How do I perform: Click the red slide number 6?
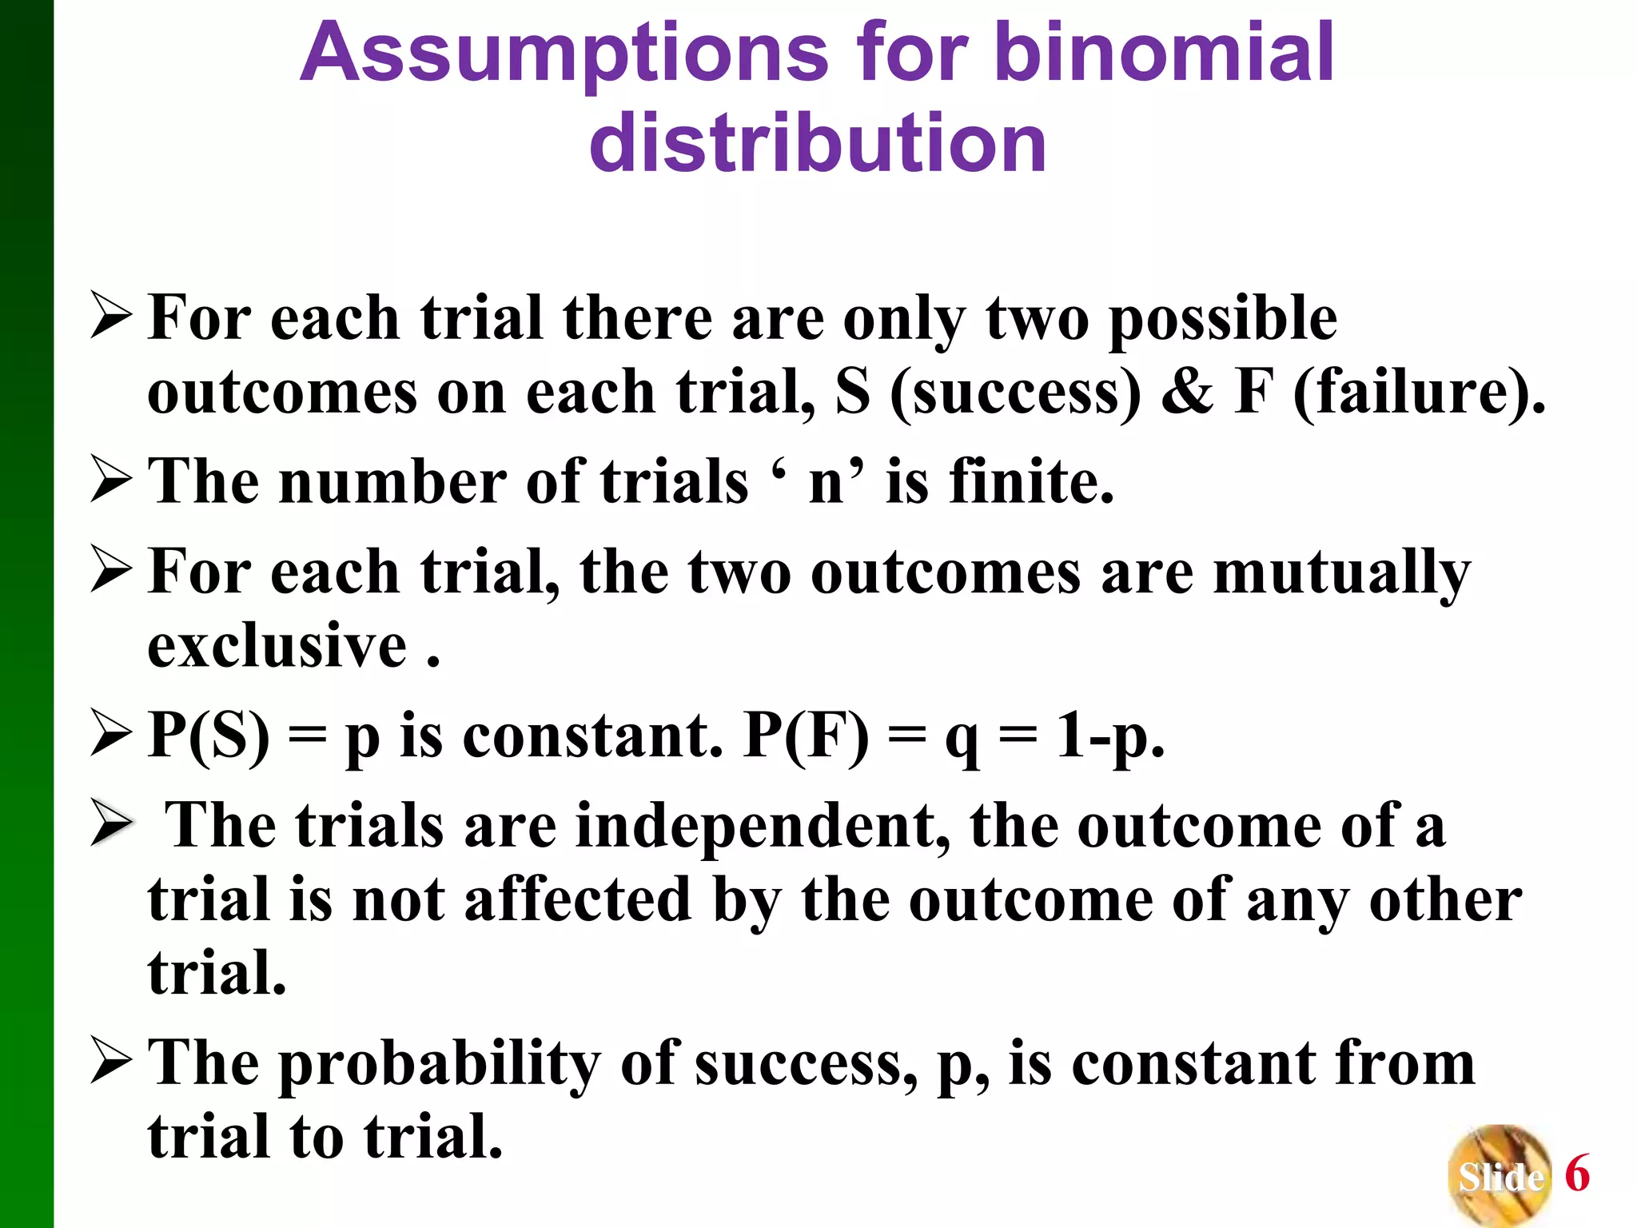1577,1174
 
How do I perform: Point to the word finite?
1031,481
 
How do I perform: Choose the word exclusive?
277,645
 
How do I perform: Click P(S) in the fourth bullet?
209,736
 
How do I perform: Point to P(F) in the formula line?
806,736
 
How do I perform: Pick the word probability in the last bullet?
439,1065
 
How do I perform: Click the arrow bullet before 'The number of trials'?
111,480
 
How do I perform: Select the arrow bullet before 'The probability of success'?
111,1060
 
